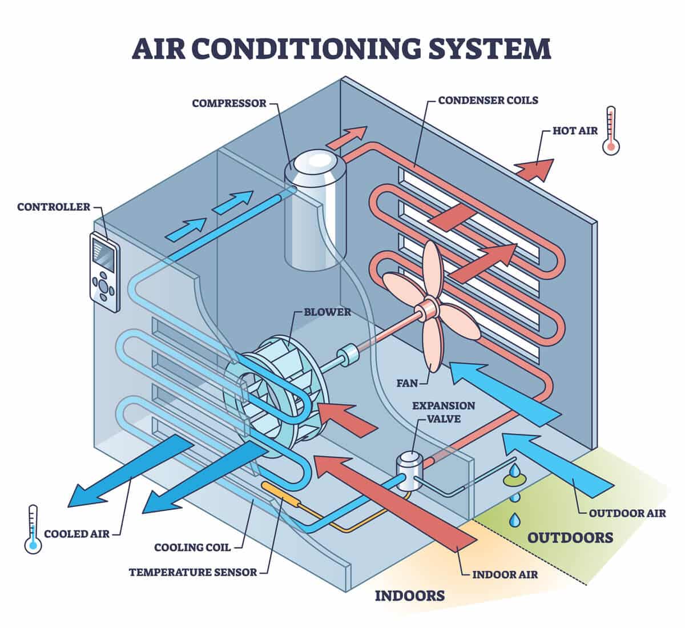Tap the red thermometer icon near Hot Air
tap(611, 130)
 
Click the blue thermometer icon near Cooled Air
tap(33, 529)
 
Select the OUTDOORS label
tap(570, 537)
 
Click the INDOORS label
tap(409, 596)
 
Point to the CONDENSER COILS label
tap(488, 100)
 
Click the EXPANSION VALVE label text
tap(444, 411)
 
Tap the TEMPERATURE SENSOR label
tap(193, 571)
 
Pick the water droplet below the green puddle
tap(515, 519)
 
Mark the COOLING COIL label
tap(192, 548)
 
